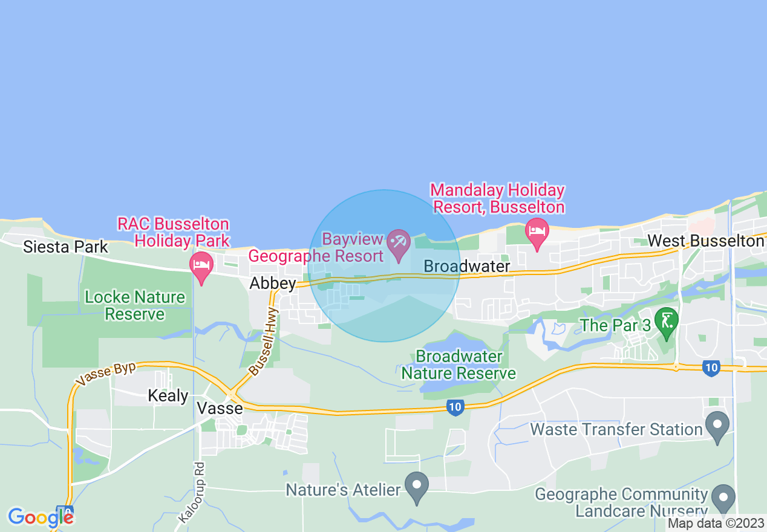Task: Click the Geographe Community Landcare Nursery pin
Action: [x=723, y=498]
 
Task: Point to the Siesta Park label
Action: [x=65, y=247]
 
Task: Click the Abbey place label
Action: [x=273, y=284]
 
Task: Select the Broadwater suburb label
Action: [x=466, y=266]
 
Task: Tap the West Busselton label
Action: [x=705, y=241]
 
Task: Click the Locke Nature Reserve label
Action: [x=135, y=305]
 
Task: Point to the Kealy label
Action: [x=168, y=396]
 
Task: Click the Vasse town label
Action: [x=220, y=409]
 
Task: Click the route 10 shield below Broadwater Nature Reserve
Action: [x=455, y=409]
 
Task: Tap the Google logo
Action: [x=40, y=517]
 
